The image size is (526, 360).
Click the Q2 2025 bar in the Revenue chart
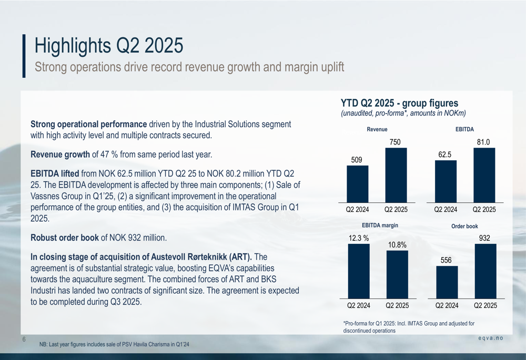(x=396, y=175)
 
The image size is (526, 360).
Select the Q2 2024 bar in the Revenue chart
(x=357, y=184)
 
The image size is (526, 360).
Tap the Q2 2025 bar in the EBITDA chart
(x=484, y=175)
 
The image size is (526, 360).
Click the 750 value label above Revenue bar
(x=395, y=142)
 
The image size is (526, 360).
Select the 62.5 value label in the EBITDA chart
(x=446, y=155)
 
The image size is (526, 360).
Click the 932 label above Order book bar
(x=484, y=238)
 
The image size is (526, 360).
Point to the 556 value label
(x=447, y=260)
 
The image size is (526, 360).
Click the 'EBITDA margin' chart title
(x=380, y=225)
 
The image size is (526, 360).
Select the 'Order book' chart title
(x=464, y=226)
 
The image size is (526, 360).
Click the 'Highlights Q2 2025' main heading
(x=109, y=46)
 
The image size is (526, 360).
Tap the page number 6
(x=24, y=340)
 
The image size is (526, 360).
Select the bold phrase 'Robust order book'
(x=65, y=238)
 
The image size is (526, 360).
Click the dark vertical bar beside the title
(x=24, y=56)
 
